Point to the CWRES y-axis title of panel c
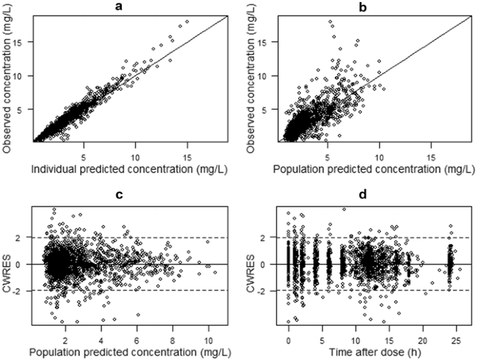9,265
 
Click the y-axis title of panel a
9,77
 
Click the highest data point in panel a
187,22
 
